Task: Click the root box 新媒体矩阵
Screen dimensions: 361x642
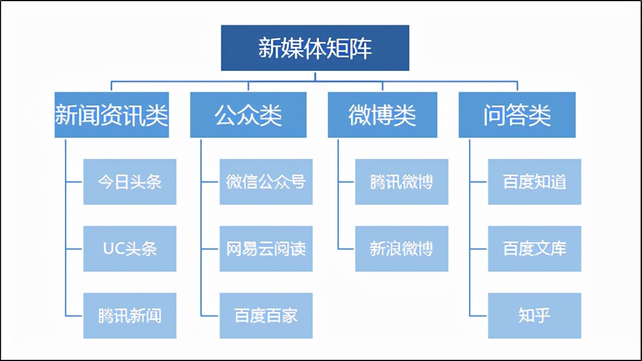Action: [315, 48]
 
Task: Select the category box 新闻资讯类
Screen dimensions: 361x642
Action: [111, 115]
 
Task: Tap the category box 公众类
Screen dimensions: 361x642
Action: [248, 115]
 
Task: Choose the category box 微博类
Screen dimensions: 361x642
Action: [382, 115]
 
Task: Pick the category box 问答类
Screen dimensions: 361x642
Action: [517, 115]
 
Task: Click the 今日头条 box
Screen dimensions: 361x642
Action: [129, 182]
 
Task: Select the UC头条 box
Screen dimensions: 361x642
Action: [129, 249]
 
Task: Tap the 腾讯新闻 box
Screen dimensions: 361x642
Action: [129, 315]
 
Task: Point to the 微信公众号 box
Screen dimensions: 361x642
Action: [266, 182]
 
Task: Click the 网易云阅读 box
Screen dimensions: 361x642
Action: [266, 249]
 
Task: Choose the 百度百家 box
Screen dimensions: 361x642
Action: [266, 315]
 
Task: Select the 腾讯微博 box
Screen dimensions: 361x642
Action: [401, 182]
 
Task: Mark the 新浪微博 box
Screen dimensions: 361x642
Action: [401, 249]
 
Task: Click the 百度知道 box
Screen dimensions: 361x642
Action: [535, 182]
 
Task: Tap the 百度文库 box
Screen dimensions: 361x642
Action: [535, 249]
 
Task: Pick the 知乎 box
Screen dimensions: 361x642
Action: [535, 315]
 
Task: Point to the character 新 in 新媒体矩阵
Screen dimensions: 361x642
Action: [269, 48]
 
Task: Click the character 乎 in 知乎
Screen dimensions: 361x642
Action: [543, 315]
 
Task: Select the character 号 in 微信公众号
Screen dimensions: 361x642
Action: [297, 182]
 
